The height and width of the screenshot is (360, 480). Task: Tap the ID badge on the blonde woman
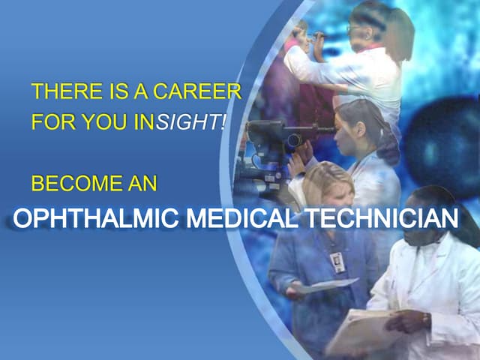337,262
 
